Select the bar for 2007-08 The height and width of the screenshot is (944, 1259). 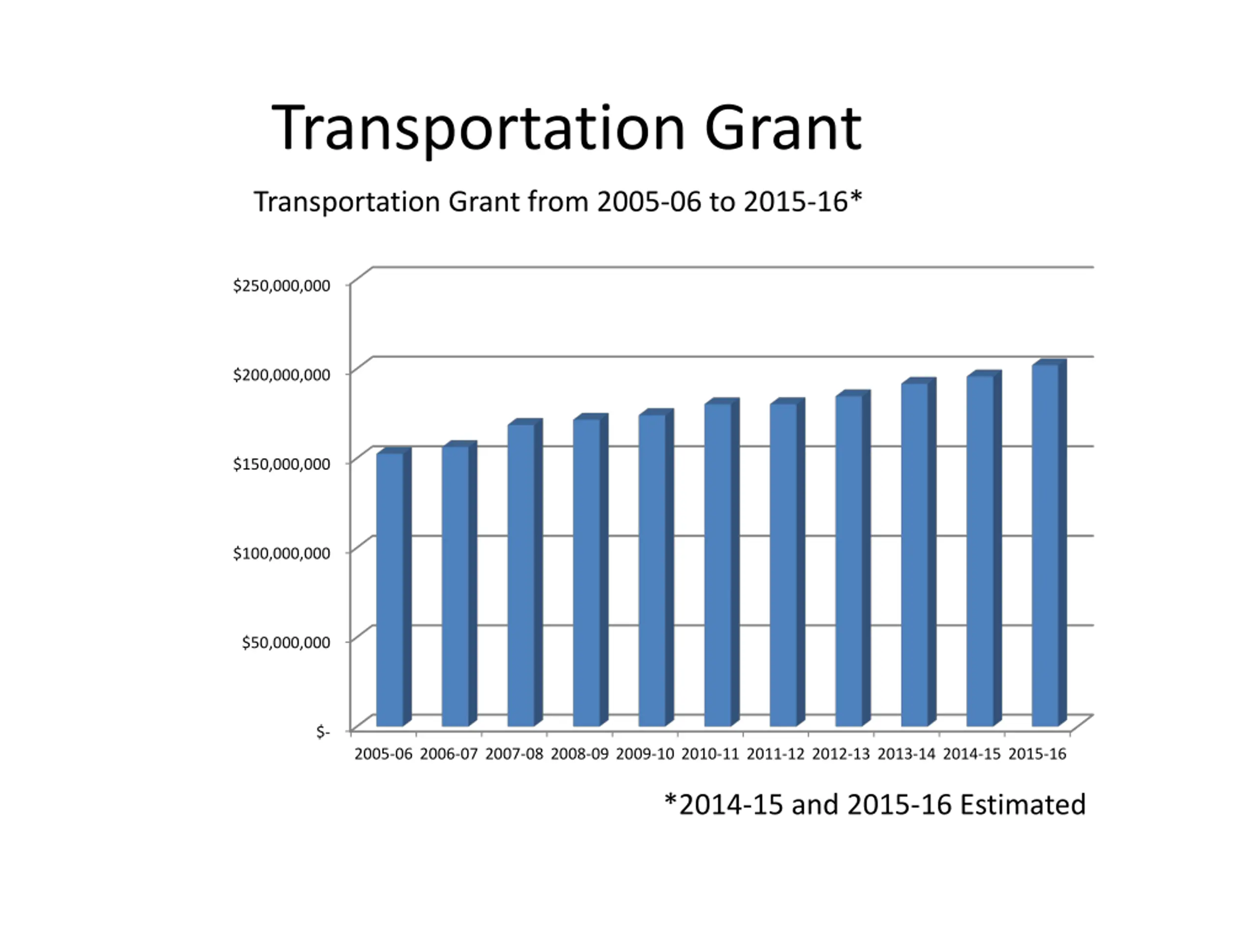pyautogui.click(x=521, y=575)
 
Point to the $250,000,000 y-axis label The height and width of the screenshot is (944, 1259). pyautogui.click(x=281, y=286)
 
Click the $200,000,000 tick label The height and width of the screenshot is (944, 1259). pyautogui.click(x=281, y=375)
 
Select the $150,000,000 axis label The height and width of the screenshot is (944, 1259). pyautogui.click(x=281, y=464)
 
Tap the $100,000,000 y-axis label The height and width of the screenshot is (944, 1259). pyautogui.click(x=281, y=553)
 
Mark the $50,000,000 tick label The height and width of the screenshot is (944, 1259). pyautogui.click(x=286, y=643)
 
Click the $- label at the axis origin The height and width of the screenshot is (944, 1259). pyautogui.click(x=323, y=732)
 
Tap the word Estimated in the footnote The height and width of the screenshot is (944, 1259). pyautogui.click(x=1023, y=804)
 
